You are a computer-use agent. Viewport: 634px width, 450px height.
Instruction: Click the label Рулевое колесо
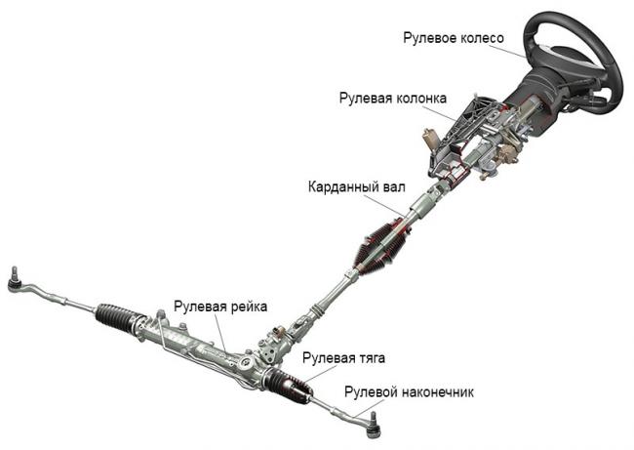(453, 38)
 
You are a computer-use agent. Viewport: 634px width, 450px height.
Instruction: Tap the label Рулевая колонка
(393, 99)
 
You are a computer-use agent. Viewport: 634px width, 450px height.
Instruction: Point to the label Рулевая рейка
(220, 307)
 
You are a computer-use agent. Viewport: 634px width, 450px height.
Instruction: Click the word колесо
(482, 38)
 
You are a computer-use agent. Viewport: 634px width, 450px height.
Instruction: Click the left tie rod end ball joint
(15, 283)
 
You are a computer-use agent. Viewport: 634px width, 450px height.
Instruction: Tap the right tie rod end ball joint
(373, 422)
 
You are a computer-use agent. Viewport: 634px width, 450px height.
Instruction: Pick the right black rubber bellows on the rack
(290, 385)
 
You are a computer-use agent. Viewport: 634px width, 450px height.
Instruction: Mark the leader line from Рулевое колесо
(521, 48)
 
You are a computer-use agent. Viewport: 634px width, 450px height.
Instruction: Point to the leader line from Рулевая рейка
(222, 332)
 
